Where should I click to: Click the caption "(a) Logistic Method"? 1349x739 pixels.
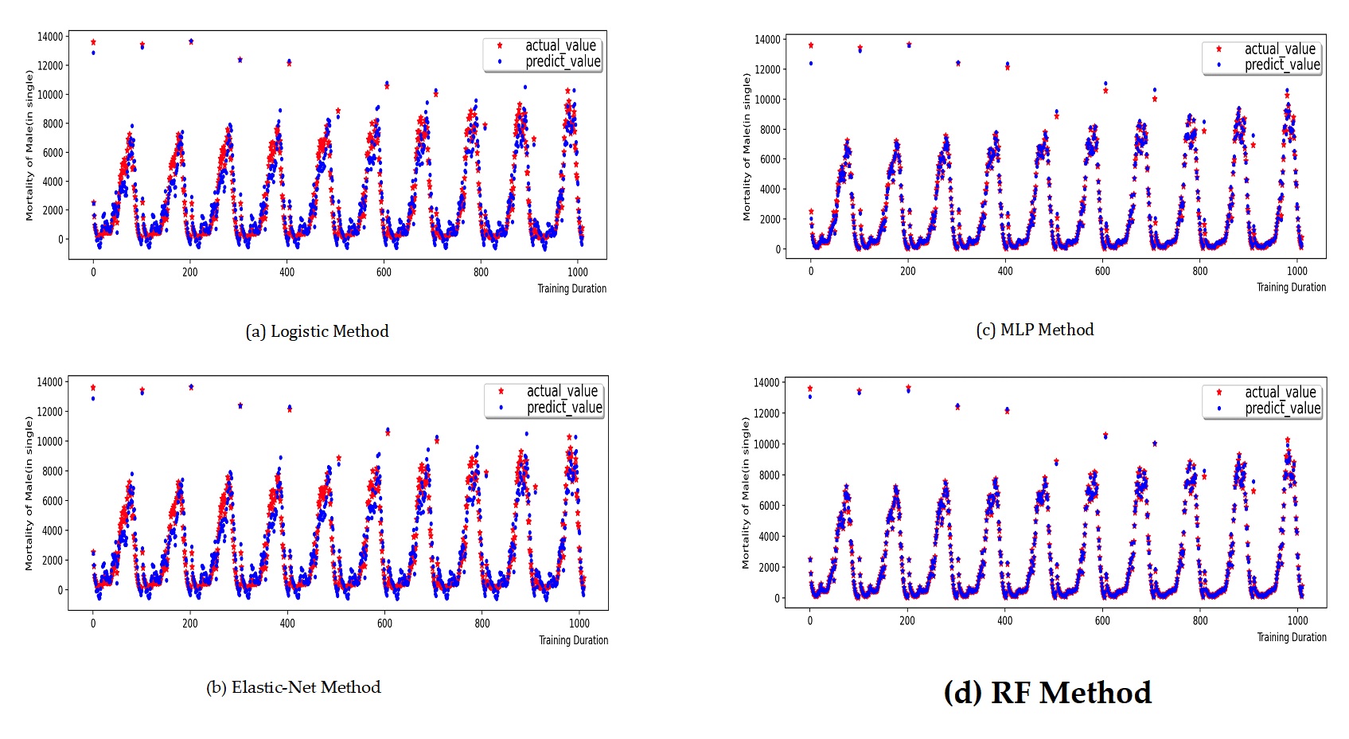tap(317, 331)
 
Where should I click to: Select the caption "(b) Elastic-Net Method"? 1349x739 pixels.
tap(293, 687)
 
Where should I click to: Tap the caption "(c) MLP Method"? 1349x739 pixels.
tap(1035, 330)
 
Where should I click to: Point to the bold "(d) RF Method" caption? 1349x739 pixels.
tap(1047, 693)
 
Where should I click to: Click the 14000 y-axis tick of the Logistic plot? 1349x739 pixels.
tap(50, 37)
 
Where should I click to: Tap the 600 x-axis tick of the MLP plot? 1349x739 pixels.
tap(1102, 271)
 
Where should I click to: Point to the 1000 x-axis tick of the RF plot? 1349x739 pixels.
tap(1297, 621)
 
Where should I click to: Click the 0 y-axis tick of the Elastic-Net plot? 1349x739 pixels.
tap(60, 590)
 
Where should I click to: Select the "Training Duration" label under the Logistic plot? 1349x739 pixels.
tap(571, 288)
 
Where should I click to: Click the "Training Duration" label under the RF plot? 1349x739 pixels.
tap(1291, 637)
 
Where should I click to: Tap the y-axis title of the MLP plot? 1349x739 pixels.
tap(747, 147)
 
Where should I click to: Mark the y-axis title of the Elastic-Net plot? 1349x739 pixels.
tap(29, 494)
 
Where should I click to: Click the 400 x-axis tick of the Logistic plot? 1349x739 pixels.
tap(287, 272)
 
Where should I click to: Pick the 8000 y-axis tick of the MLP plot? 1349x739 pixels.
tap(770, 129)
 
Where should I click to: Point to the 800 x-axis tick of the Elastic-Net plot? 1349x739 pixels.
tap(482, 624)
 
